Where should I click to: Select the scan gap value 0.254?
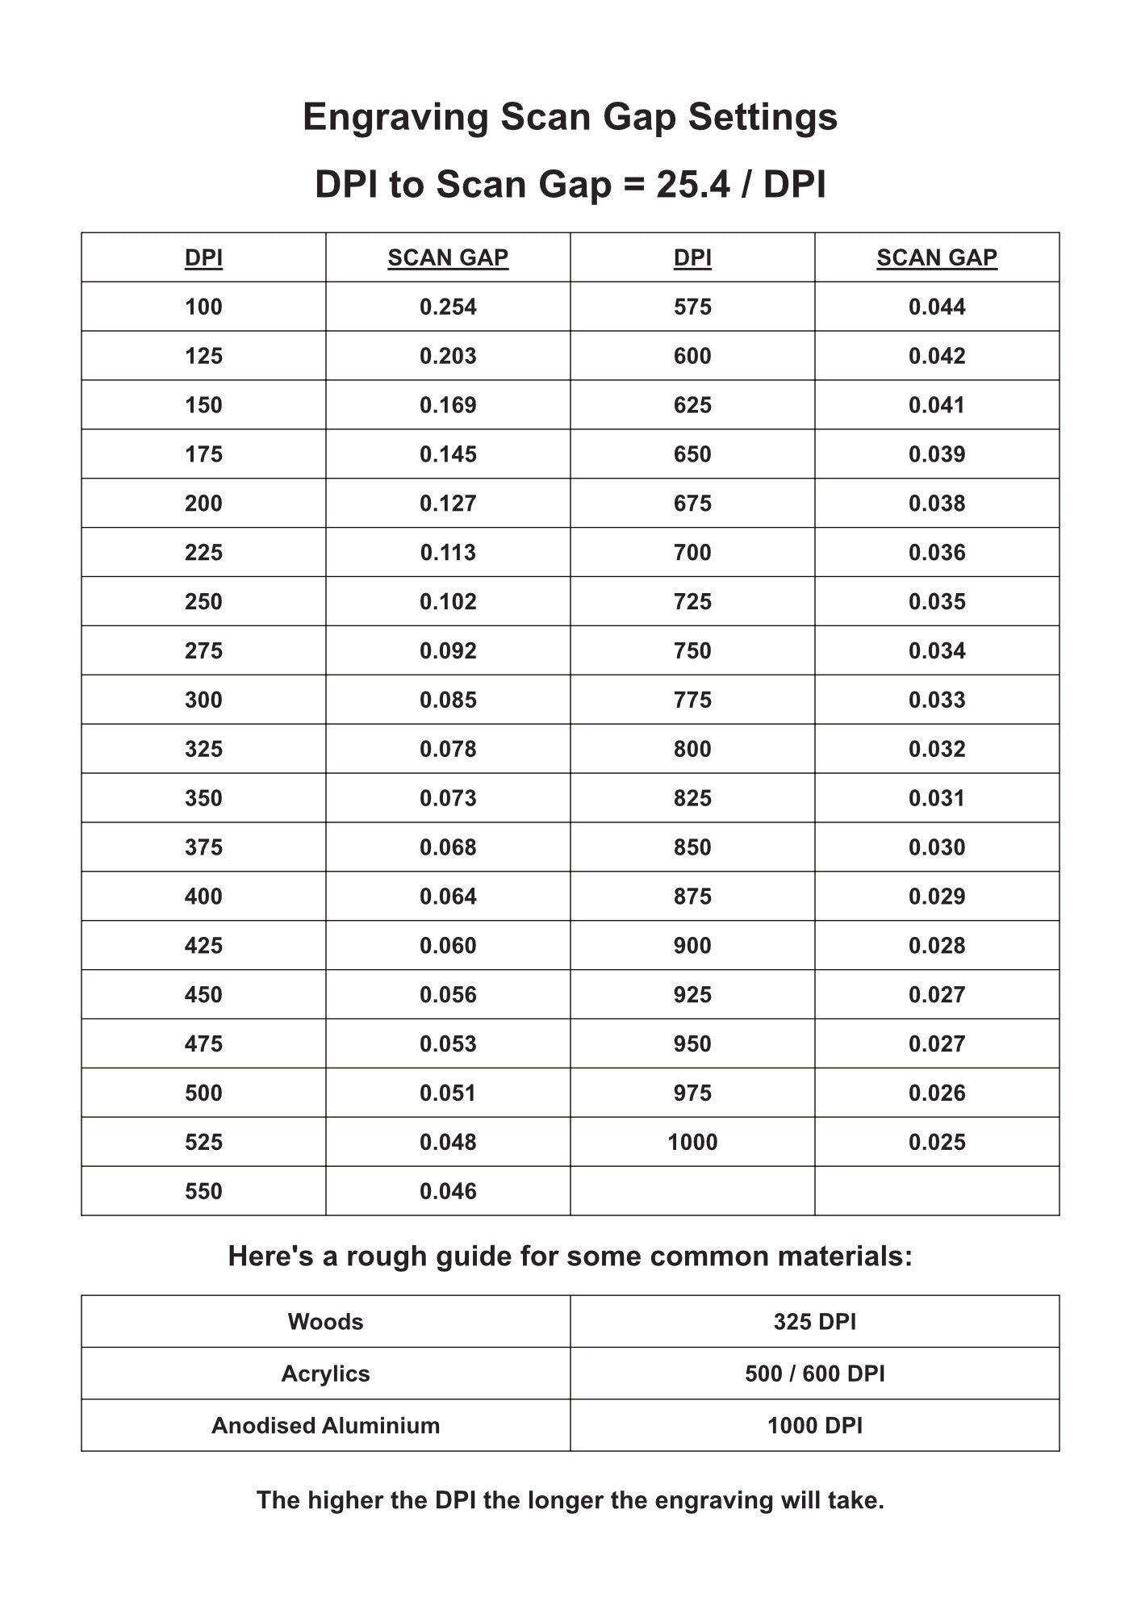click(448, 307)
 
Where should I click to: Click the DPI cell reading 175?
click(203, 454)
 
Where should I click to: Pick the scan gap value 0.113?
click(448, 553)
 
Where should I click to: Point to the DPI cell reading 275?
click(203, 651)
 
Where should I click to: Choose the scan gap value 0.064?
click(448, 897)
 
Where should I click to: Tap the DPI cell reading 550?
click(203, 1191)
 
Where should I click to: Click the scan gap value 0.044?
click(937, 307)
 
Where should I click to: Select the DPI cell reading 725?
click(692, 602)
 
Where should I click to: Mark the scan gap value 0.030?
click(937, 847)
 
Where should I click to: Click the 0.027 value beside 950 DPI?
click(937, 1044)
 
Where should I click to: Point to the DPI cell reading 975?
click(692, 1093)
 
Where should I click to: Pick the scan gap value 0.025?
click(937, 1143)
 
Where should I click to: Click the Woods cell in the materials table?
click(325, 1322)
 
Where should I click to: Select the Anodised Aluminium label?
click(325, 1426)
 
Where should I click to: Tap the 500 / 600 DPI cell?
click(815, 1374)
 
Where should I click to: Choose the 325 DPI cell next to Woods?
click(815, 1322)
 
